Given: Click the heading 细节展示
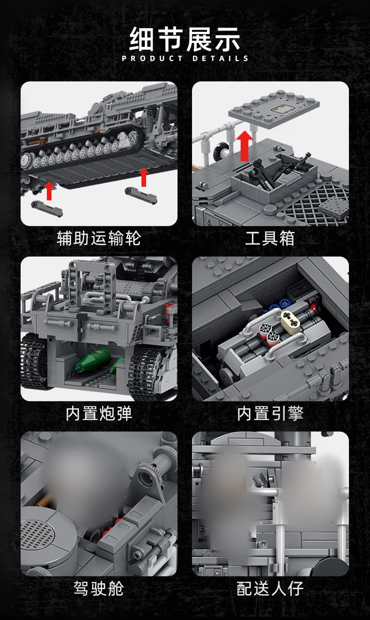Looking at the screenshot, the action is click(185, 39).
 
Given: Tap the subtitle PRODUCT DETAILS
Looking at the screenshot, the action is click(185, 59).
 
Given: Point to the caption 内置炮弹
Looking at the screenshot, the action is click(99, 413).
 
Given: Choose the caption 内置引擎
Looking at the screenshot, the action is click(270, 413).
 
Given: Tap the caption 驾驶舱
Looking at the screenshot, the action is click(99, 589).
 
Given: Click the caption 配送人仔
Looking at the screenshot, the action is click(270, 589).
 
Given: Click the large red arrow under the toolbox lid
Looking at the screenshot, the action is click(244, 146).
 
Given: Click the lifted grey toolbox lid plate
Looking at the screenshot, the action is click(274, 109).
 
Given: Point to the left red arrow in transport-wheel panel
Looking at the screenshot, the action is click(49, 191).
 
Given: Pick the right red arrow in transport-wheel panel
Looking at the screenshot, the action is click(144, 177).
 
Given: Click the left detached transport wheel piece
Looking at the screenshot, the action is click(47, 208).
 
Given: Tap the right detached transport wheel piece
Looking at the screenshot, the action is click(141, 195).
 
